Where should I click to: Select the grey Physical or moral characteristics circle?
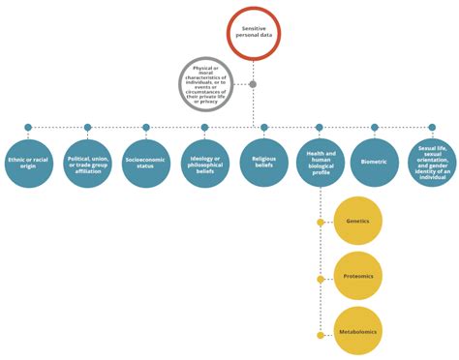tap(205, 83)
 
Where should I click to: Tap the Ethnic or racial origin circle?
tap(28, 163)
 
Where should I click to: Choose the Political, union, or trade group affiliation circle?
tap(87, 163)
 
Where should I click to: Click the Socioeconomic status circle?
tap(145, 163)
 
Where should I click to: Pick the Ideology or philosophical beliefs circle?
tap(204, 163)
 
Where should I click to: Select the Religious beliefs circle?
tap(264, 163)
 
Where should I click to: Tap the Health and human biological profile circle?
tap(321, 163)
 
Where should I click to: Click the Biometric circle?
tap(375, 163)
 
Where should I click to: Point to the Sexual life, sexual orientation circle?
tap(432, 163)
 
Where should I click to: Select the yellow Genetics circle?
tap(357, 222)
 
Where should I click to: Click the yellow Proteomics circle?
tap(357, 277)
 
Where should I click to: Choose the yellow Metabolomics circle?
tap(357, 332)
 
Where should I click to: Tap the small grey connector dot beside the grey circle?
tap(253, 84)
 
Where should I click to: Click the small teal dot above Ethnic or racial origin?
tap(28, 127)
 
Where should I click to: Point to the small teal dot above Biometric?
tap(375, 127)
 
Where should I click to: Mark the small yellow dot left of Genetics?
tap(321, 223)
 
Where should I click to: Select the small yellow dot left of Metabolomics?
tap(321, 335)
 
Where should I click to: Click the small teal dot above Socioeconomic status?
tap(145, 127)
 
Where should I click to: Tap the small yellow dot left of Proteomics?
tap(321, 279)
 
